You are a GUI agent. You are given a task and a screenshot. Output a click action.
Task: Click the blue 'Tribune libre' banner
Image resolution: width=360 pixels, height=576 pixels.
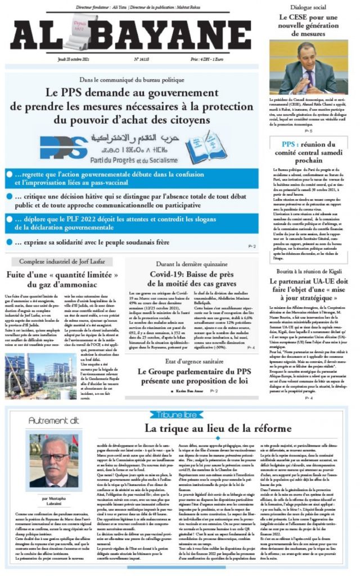click(177, 415)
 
